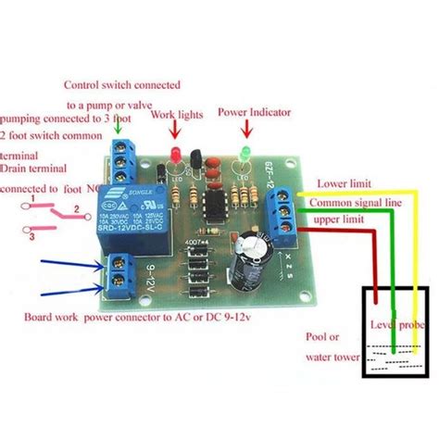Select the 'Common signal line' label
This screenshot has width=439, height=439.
[x=357, y=202]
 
